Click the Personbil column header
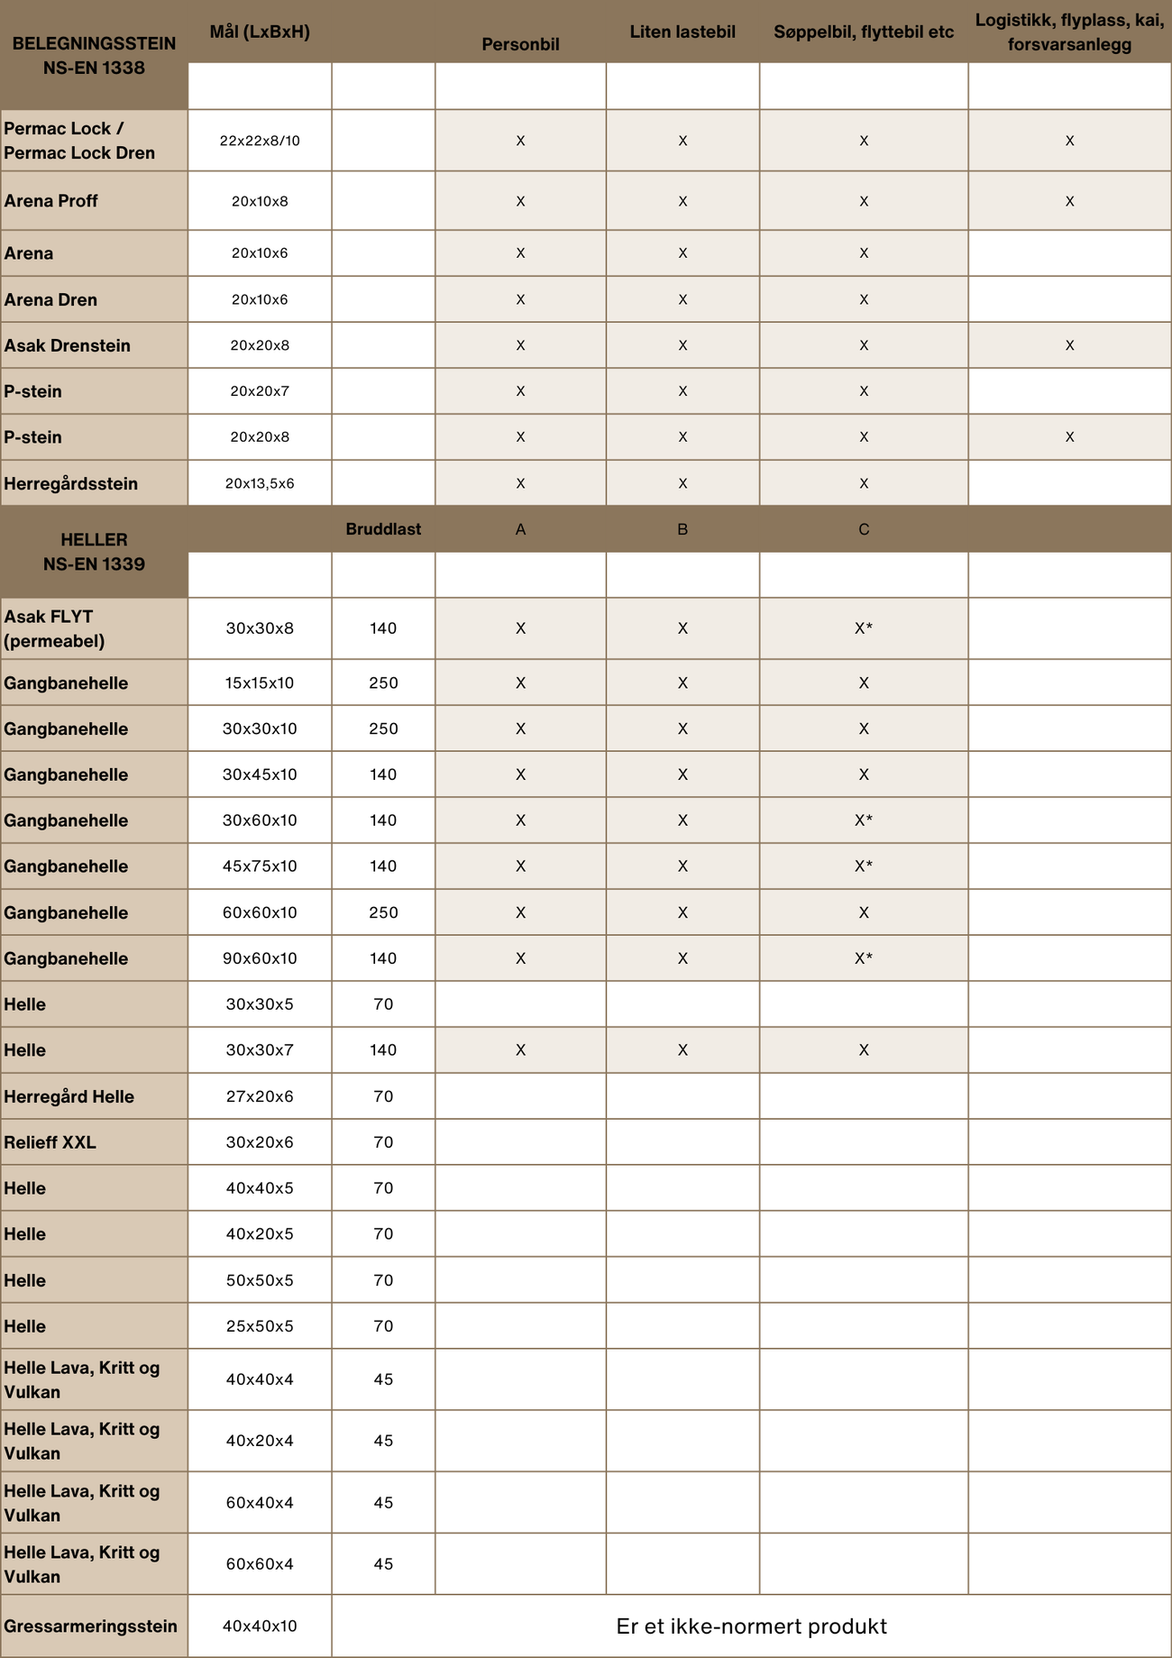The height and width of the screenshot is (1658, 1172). point(520,44)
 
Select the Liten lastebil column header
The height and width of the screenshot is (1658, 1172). point(682,32)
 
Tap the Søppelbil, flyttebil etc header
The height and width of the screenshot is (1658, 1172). point(863,32)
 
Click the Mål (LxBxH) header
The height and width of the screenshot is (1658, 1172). point(260,32)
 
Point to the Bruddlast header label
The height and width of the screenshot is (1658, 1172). point(383,529)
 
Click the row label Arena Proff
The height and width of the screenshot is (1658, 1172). point(51,201)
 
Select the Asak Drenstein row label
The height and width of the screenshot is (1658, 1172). point(68,345)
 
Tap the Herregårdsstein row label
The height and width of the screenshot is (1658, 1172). point(71,483)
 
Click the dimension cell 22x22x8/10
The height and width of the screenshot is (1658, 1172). point(260,141)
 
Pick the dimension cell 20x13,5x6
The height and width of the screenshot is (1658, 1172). point(260,483)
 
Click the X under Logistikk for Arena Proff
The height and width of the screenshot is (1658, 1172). point(1069,201)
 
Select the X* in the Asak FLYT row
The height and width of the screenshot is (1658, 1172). point(863,628)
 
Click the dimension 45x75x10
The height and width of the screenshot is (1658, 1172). point(260,866)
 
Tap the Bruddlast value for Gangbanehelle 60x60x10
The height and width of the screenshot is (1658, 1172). point(383,912)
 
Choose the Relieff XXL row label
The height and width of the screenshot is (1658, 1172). point(50,1142)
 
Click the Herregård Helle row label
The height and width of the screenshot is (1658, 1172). point(69,1096)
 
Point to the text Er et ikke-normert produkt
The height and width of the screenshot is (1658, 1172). point(751,1626)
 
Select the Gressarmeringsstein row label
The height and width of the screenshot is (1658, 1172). point(91,1626)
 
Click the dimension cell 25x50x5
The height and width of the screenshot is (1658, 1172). point(260,1326)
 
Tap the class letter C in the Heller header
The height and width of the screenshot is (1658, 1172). point(863,529)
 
